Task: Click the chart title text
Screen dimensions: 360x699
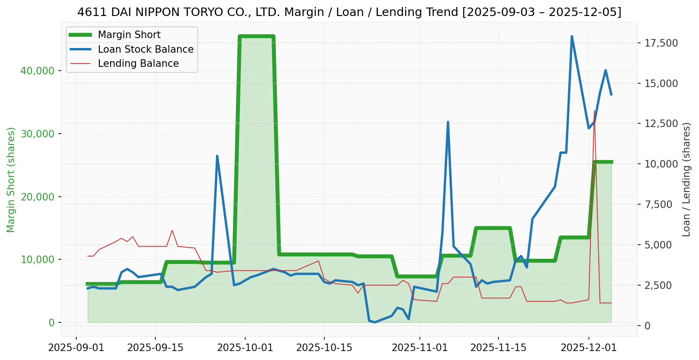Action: point(349,12)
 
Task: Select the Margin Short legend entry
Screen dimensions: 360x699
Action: point(129,35)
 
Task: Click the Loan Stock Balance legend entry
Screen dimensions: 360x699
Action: point(145,49)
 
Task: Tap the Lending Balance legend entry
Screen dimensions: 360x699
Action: point(138,64)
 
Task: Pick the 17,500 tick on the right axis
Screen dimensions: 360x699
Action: point(661,43)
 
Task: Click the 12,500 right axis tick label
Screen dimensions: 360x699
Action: point(661,124)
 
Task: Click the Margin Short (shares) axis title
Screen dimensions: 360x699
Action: point(11,179)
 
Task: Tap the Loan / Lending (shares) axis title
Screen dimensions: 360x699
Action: point(686,179)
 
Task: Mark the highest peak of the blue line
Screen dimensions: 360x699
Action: point(572,36)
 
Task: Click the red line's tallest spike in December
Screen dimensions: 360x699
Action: point(595,111)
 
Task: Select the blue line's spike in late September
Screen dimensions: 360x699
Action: point(217,156)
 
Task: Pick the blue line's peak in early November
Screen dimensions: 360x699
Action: point(448,122)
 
